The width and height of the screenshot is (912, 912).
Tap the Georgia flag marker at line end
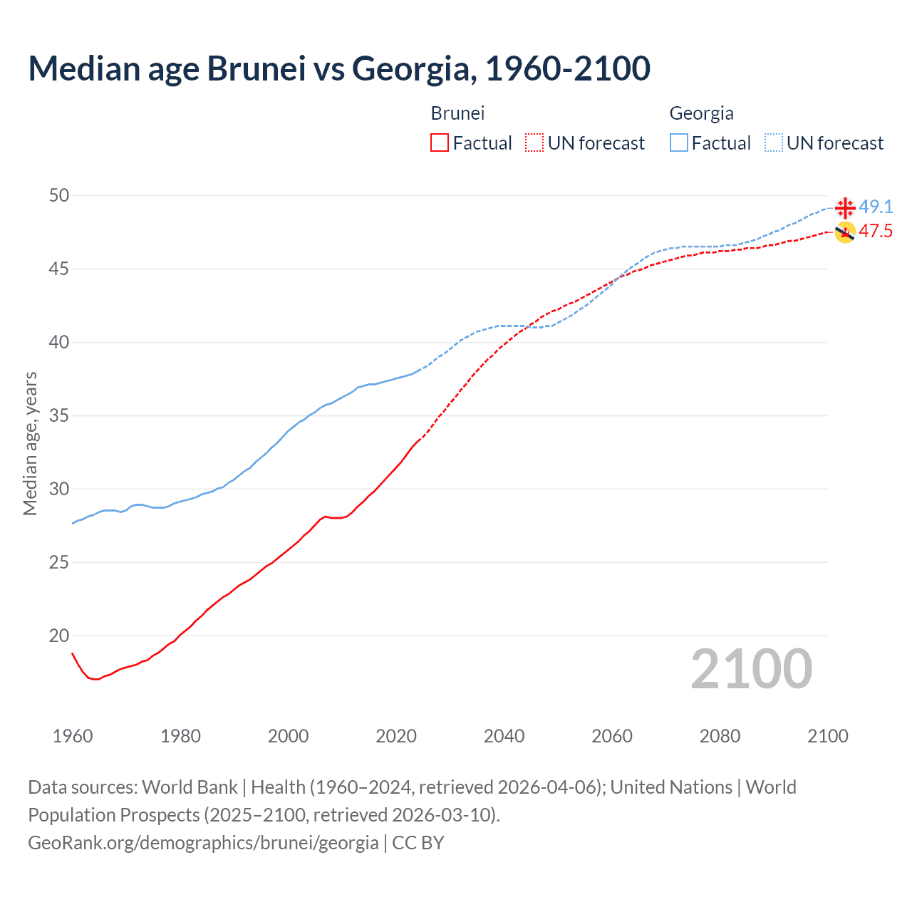tap(845, 208)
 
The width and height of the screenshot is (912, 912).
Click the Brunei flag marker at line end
tap(845, 232)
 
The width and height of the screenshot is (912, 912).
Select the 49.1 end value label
tap(876, 207)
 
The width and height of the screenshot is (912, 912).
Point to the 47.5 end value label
tap(876, 231)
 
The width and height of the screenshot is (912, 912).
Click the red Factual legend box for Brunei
tap(440, 143)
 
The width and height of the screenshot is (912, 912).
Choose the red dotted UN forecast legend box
tap(534, 143)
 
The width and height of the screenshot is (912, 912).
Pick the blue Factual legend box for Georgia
tap(679, 143)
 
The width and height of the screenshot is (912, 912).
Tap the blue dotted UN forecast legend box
tap(774, 143)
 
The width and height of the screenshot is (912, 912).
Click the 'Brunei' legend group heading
tap(457, 113)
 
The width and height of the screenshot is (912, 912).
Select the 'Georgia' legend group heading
tap(701, 113)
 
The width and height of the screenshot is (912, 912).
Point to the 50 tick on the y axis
tap(59, 195)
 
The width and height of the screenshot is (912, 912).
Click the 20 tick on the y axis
tap(59, 636)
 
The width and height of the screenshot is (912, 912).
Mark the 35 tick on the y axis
tap(59, 415)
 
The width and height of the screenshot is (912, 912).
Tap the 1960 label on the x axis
tap(73, 736)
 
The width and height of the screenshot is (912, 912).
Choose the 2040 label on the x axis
tap(504, 736)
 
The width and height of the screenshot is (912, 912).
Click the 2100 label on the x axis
tap(828, 736)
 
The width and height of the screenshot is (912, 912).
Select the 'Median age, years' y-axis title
tap(30, 443)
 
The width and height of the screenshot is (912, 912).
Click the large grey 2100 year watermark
tap(752, 669)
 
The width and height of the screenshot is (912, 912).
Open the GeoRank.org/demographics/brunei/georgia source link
tap(203, 843)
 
